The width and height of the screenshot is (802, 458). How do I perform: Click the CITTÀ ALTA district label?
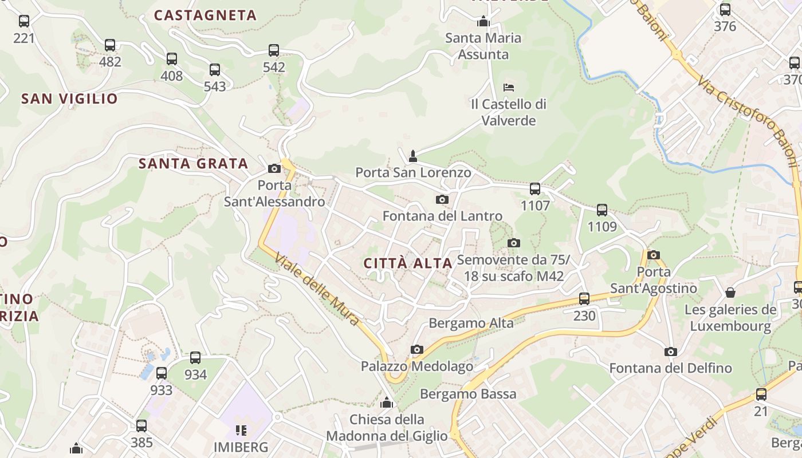click(408, 263)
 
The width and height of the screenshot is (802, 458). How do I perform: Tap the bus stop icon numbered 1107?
click(535, 188)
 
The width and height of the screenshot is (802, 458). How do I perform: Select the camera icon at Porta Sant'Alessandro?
click(274, 168)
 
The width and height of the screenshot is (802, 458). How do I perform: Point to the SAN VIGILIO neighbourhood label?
click(69, 99)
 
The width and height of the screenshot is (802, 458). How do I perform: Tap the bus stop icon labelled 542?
click(274, 50)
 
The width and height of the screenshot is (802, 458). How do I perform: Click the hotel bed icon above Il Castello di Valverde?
click(508, 87)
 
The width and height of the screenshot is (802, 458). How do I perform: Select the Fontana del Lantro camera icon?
click(442, 199)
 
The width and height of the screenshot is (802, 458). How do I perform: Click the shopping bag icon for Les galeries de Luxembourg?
click(730, 293)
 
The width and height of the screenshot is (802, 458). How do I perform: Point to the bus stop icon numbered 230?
click(584, 298)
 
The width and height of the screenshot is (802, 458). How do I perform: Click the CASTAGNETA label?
click(205, 15)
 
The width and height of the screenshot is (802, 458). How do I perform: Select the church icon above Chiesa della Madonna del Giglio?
click(387, 402)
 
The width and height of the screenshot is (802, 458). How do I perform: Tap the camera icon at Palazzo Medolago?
click(416, 349)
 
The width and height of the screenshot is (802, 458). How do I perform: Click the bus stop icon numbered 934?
click(195, 358)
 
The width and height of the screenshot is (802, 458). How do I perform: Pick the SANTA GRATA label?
click(193, 164)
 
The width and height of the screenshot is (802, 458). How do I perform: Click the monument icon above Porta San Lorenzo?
click(412, 156)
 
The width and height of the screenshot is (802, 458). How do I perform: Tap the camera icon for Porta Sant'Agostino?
click(653, 255)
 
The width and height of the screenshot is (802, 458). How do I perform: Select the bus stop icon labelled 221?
click(24, 21)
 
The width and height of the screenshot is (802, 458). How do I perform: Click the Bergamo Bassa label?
click(468, 394)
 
